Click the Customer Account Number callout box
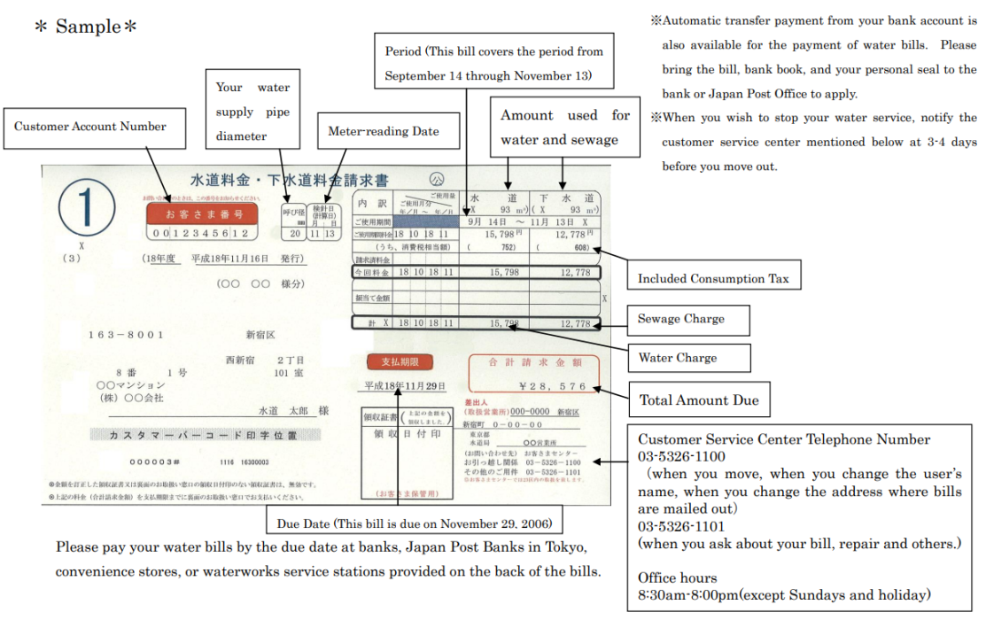tap(90, 127)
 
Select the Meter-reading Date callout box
tap(384, 132)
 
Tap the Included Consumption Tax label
tap(713, 278)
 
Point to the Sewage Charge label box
tap(681, 319)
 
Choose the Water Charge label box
tap(678, 358)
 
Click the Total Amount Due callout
tap(699, 400)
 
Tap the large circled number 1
tap(87, 211)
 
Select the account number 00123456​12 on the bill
tap(201, 233)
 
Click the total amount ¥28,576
tap(552, 387)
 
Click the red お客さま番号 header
tap(202, 213)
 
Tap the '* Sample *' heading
tap(86, 27)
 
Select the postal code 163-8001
tap(127, 335)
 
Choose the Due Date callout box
tap(414, 523)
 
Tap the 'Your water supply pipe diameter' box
tap(252, 112)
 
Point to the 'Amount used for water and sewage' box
tap(565, 128)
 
